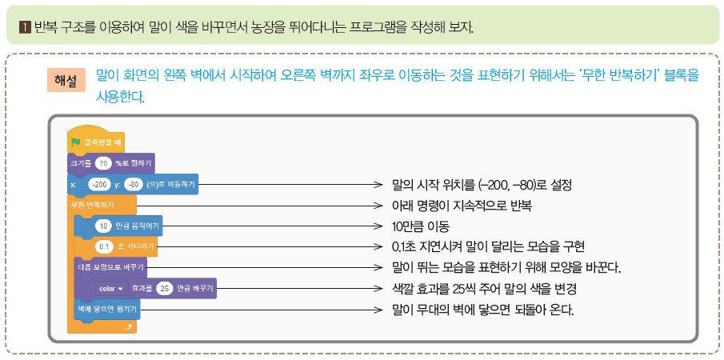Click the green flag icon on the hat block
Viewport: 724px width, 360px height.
[x=77, y=142]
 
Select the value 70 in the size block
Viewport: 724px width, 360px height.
[x=102, y=163]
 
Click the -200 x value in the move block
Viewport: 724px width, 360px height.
[x=100, y=184]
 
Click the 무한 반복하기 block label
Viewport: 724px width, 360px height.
[x=92, y=206]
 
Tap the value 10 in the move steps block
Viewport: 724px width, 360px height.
[x=104, y=226]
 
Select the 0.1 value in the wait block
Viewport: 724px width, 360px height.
[x=103, y=246]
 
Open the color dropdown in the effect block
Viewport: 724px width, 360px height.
[x=110, y=288]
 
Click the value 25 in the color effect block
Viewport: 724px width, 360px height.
[x=165, y=288]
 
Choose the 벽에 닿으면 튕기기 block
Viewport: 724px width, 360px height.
[x=103, y=308]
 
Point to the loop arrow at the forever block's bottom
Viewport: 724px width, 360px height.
[x=130, y=326]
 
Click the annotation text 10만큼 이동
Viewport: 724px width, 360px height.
[x=420, y=226]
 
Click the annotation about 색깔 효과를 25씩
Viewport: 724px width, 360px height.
[x=484, y=288]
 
